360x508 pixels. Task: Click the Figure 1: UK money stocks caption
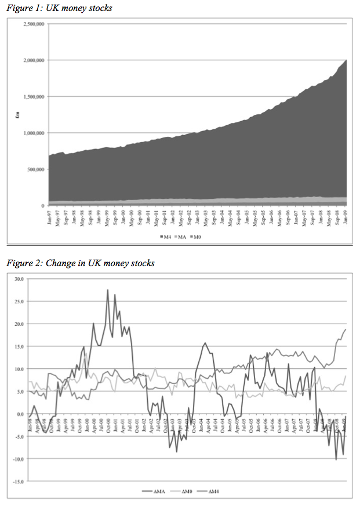click(59, 8)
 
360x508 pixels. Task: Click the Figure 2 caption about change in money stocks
click(80, 263)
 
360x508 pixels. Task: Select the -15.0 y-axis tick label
click(17, 481)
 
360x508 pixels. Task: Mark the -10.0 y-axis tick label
click(17, 459)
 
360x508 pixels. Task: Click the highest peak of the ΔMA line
click(108, 289)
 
